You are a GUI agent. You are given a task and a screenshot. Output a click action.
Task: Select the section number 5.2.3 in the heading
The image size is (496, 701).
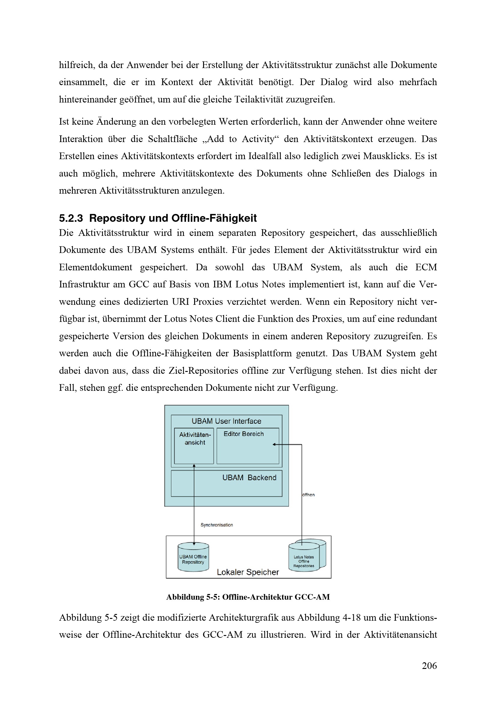(x=71, y=218)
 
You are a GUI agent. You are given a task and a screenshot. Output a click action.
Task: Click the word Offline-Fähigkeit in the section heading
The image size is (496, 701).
(x=214, y=218)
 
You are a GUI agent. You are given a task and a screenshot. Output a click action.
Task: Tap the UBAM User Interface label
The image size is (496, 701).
(x=226, y=421)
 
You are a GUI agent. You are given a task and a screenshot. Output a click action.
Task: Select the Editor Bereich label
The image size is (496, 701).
(x=243, y=434)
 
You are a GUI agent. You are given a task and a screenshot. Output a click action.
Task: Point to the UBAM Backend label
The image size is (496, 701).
(x=249, y=477)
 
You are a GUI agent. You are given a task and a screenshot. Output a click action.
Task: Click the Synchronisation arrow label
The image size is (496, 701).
(x=217, y=525)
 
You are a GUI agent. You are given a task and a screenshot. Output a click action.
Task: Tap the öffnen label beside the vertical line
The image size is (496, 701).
(x=308, y=495)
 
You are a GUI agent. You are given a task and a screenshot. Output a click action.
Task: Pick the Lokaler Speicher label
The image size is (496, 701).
(x=248, y=572)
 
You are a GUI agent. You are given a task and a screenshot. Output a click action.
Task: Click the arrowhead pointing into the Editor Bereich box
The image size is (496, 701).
(x=274, y=444)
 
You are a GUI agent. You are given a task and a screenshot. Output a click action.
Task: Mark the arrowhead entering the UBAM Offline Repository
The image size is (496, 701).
(x=194, y=543)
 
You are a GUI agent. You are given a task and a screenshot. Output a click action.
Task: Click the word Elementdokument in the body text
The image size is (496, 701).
(x=95, y=267)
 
